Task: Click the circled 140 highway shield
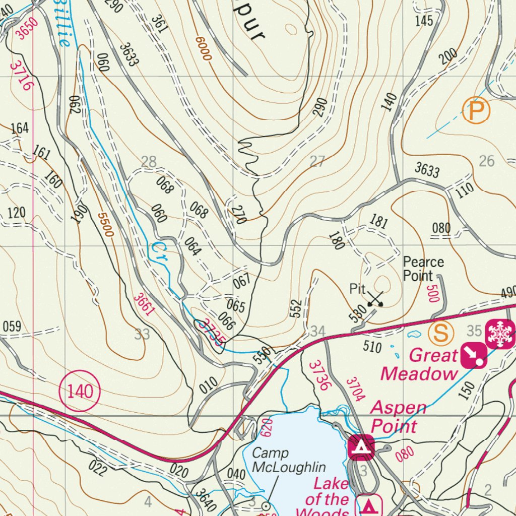pos(80,391)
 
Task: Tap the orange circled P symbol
pos(476,110)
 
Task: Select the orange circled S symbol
pos(441,333)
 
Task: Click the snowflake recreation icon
pos(499,334)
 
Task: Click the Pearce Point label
pos(423,269)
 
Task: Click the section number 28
pos(149,162)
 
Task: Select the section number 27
pos(317,162)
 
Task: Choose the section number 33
pos(143,334)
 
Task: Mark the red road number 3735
pos(210,332)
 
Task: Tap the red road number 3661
pos(143,304)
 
